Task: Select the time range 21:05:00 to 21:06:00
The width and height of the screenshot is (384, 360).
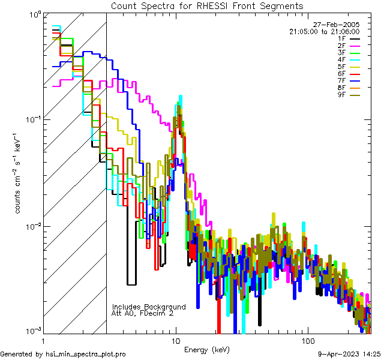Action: pyautogui.click(x=324, y=31)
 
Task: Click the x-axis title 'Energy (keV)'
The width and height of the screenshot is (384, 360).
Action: pyautogui.click(x=206, y=350)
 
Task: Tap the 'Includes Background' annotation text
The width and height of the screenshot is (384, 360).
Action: pyautogui.click(x=149, y=307)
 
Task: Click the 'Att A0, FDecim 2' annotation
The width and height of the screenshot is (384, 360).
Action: pyautogui.click(x=142, y=313)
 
